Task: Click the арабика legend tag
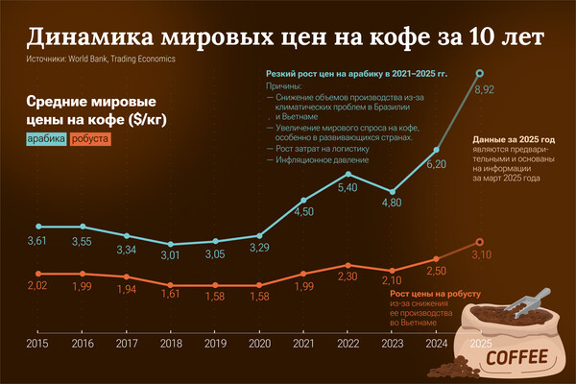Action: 46,140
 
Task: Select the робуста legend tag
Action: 90,140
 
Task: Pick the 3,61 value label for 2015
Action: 37,240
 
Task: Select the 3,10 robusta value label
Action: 484,255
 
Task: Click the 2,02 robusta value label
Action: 37,286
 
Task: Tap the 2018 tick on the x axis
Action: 171,343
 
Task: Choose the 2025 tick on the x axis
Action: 481,343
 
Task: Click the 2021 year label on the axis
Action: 303,343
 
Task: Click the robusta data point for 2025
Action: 481,243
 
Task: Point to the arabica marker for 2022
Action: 348,173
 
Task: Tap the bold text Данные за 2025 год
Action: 515,140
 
